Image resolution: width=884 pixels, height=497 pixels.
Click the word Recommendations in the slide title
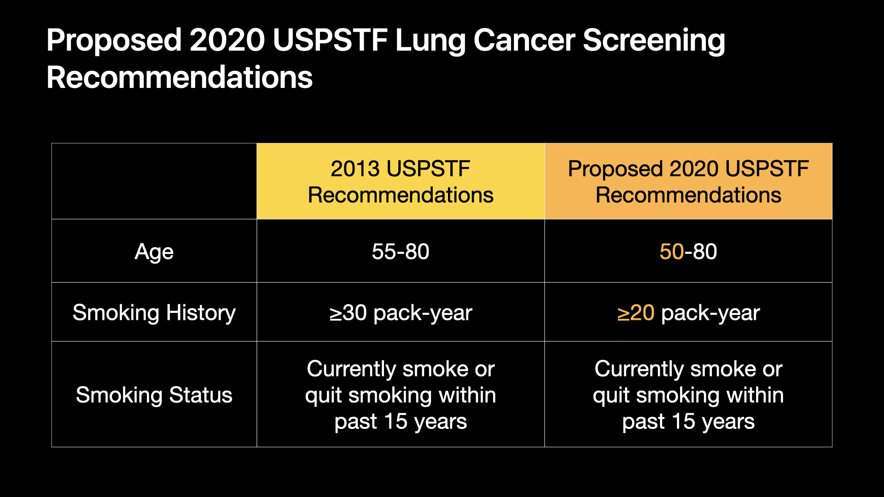pos(180,77)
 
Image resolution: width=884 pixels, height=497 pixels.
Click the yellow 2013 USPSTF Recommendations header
pos(401,182)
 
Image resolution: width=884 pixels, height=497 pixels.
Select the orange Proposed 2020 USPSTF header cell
pos(688,182)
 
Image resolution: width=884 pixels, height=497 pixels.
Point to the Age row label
pos(154,252)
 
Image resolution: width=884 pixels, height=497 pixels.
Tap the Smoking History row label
pos(154,313)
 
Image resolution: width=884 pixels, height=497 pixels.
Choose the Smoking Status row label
pos(154,395)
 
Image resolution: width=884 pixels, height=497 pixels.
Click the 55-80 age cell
pos(401,252)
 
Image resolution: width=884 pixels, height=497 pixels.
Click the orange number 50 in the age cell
pos(671,252)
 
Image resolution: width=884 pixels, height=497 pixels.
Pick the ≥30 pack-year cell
pos(401,313)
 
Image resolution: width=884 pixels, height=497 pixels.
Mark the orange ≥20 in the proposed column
pos(635,313)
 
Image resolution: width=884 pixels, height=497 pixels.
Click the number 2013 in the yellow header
pos(356,169)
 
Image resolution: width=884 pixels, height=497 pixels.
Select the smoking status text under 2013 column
pos(401,395)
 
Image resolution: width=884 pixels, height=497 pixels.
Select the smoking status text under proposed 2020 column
pos(688,395)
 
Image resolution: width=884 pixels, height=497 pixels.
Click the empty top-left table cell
pos(154,181)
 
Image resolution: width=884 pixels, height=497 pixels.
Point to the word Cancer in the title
pos(524,40)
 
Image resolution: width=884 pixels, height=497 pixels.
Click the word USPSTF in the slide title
pos(330,40)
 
